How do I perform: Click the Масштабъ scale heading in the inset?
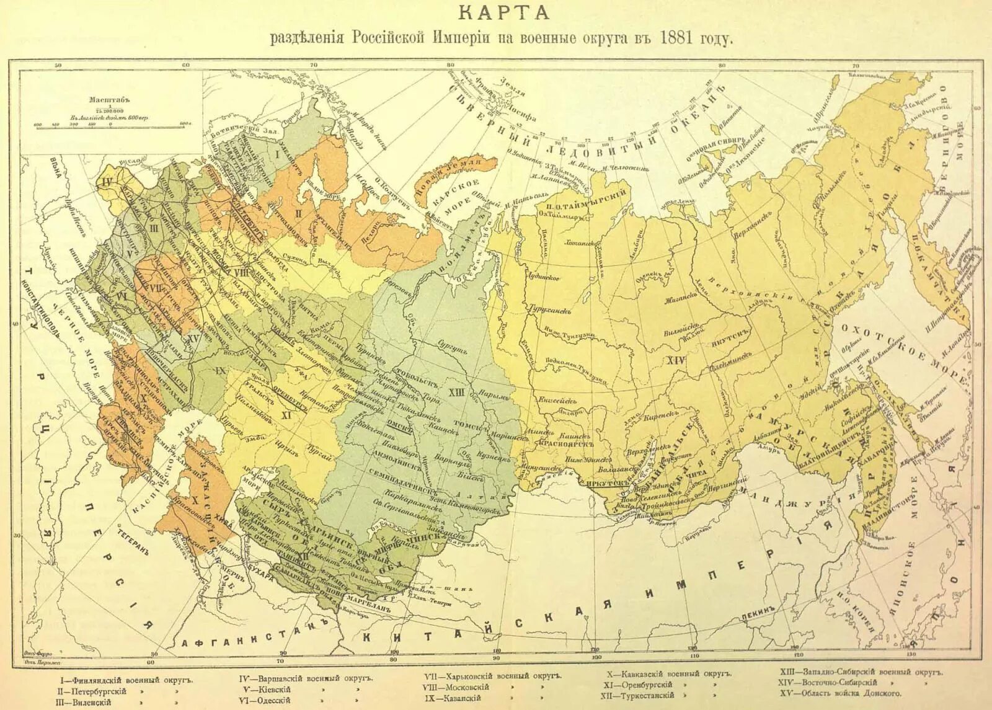pyautogui.click(x=103, y=99)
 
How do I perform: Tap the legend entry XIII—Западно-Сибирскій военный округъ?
pyautogui.click(x=861, y=672)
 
